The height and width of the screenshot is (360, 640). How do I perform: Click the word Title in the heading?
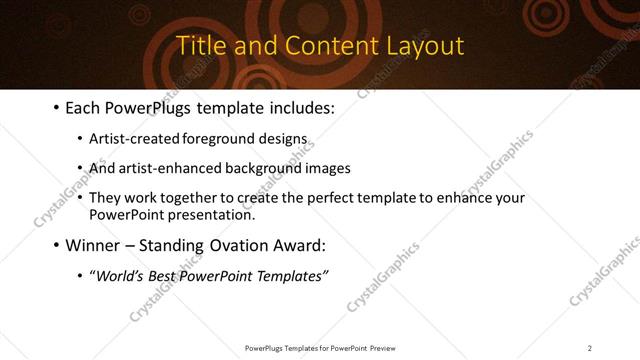198,46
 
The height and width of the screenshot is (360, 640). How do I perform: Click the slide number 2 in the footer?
590,347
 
